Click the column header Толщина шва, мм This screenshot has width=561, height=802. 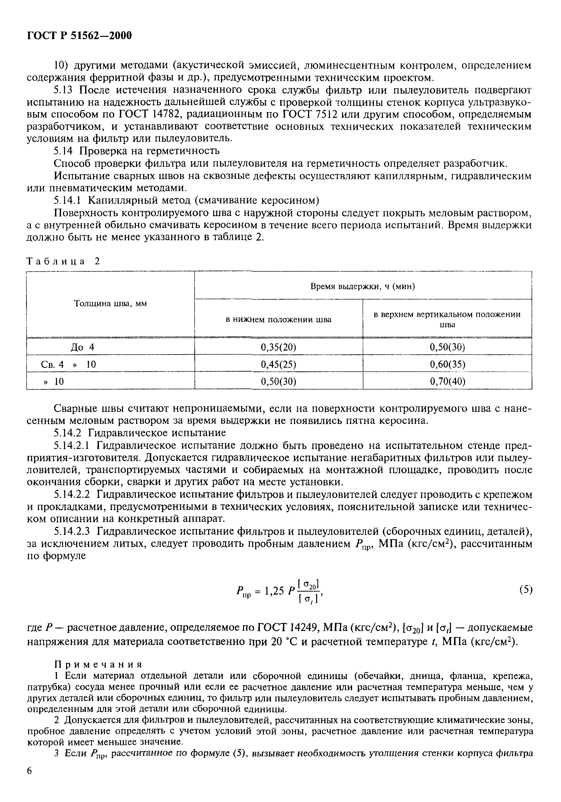[110, 303]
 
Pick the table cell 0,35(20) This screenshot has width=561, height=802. [278, 347]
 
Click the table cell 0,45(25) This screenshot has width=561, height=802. [278, 364]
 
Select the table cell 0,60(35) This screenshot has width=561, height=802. [447, 364]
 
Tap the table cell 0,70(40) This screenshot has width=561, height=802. [447, 381]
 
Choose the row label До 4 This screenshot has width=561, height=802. [83, 347]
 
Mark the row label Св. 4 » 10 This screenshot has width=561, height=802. [68, 364]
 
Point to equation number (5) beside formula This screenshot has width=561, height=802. [526, 590]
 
